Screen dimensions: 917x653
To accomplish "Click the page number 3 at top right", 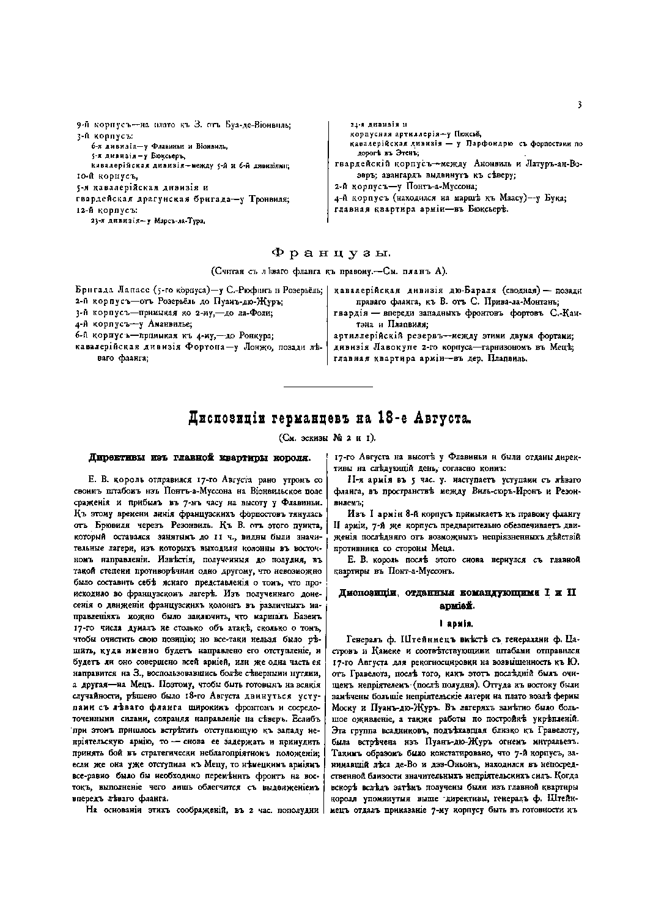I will (578, 105).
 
